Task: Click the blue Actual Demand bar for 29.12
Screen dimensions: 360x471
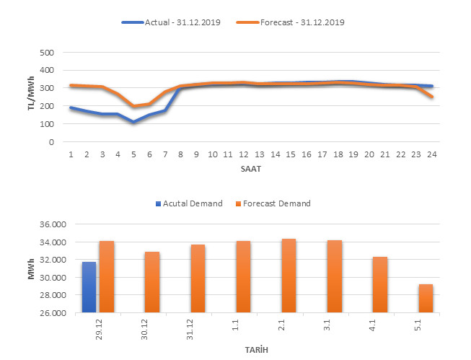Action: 89,287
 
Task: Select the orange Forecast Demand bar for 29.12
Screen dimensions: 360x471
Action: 106,277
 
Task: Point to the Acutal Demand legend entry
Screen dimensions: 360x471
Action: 193,203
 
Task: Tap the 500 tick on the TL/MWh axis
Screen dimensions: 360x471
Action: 46,53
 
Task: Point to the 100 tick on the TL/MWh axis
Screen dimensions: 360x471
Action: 46,124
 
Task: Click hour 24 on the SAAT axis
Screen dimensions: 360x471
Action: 432,154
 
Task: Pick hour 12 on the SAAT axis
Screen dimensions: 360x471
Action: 244,154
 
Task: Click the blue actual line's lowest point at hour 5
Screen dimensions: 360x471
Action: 133,122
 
